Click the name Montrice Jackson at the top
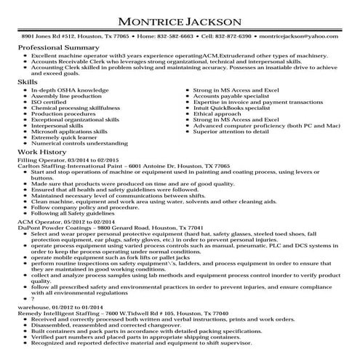(180, 17)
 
